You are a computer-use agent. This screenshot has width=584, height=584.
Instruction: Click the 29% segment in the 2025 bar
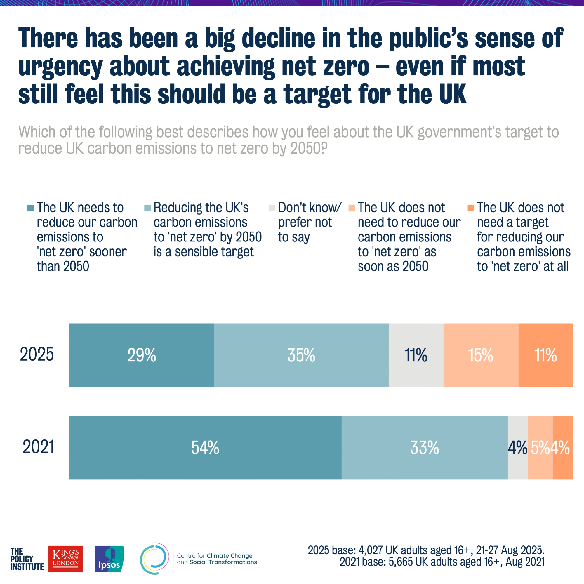coord(141,355)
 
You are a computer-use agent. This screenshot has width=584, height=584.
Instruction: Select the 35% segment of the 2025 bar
coord(301,355)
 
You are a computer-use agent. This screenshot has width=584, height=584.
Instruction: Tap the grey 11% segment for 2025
coord(416,355)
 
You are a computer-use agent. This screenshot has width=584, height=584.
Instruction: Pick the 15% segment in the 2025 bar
coord(481,355)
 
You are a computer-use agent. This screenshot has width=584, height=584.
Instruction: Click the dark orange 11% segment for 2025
coord(546,355)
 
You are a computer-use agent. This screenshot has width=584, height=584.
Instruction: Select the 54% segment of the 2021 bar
coord(205,448)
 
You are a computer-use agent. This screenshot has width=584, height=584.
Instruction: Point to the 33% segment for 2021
coord(424,448)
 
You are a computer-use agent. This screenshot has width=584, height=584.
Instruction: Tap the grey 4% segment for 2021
coord(517,448)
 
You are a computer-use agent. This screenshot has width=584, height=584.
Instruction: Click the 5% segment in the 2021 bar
coord(540,448)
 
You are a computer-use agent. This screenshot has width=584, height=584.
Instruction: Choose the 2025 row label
coord(37,354)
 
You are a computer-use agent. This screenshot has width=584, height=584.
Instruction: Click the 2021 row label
coord(38,447)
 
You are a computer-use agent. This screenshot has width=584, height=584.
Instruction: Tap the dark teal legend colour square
coord(31,208)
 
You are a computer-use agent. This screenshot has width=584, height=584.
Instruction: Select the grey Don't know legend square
coord(272,208)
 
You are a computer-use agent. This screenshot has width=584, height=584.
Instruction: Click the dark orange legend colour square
coord(471,208)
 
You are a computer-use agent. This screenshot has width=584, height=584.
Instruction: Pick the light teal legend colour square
coord(147,208)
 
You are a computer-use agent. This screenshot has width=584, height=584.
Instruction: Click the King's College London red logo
coord(65,559)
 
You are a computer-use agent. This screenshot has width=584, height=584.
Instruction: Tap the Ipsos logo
coord(109,559)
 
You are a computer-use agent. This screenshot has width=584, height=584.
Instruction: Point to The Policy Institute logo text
coord(27,559)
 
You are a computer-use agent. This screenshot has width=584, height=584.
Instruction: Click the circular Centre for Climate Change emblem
coord(154,558)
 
